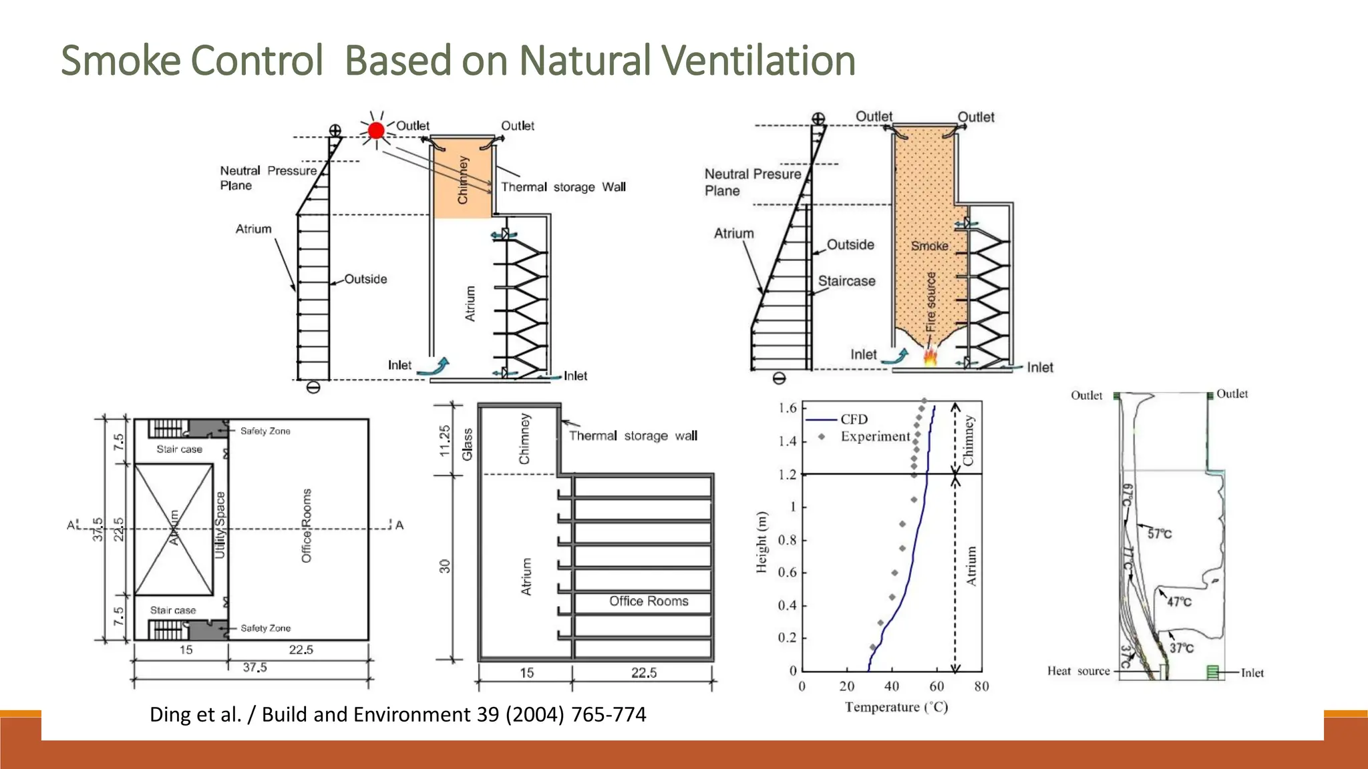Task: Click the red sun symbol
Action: click(376, 130)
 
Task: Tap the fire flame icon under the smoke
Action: click(930, 356)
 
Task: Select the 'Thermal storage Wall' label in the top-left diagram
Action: click(563, 187)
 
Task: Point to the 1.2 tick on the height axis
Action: click(788, 475)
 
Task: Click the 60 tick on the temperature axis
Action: click(936, 686)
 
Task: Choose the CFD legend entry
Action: click(854, 419)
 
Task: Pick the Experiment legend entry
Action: click(875, 437)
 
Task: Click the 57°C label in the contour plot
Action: click(1159, 533)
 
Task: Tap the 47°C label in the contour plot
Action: click(1179, 601)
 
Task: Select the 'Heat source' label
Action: click(1078, 671)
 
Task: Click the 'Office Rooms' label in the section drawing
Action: click(649, 601)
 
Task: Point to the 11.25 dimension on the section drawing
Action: click(445, 441)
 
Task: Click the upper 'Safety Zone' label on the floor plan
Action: click(265, 431)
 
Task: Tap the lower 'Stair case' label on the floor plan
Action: click(173, 610)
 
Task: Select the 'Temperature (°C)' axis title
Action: click(896, 707)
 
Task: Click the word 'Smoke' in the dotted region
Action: click(929, 246)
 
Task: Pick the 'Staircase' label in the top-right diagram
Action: click(846, 281)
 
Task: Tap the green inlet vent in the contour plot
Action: click(1212, 672)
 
